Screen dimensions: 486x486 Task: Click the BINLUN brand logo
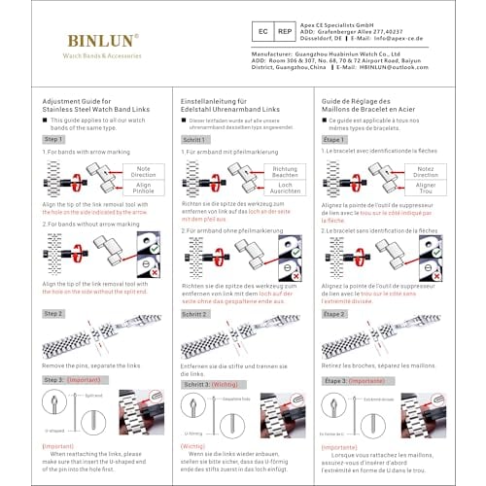pyautogui.click(x=102, y=41)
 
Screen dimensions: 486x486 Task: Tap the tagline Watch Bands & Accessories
pyautogui.click(x=102, y=56)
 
